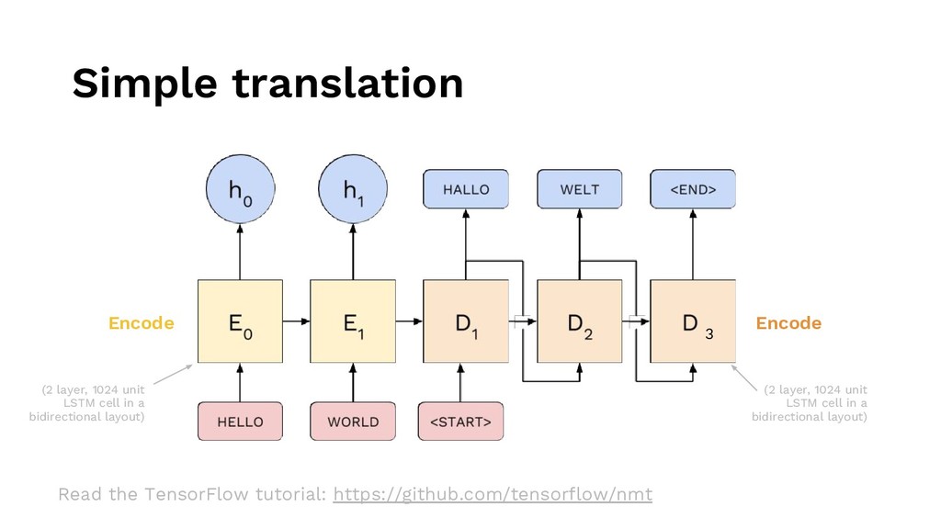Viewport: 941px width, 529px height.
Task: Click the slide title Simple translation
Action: click(267, 84)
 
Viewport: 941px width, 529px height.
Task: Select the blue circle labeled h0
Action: click(239, 192)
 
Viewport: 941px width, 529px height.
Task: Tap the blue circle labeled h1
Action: click(353, 192)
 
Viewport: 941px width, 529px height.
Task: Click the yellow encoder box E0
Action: click(239, 322)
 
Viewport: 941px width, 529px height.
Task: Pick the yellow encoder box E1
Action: click(353, 322)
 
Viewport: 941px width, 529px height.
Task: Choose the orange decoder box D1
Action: click(466, 322)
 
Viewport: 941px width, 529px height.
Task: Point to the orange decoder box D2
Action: click(580, 322)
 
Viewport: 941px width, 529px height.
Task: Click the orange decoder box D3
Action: click(693, 322)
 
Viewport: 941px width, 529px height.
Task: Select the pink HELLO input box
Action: click(239, 422)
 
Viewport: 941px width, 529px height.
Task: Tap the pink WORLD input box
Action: click(353, 422)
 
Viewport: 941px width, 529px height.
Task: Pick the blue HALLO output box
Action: click(466, 189)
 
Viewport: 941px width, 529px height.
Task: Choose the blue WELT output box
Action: click(580, 189)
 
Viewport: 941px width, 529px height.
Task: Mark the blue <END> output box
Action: click(693, 189)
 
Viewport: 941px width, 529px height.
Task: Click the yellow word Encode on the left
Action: click(141, 323)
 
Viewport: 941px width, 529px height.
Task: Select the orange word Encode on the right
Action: click(788, 323)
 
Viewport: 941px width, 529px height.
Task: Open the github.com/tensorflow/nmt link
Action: click(493, 495)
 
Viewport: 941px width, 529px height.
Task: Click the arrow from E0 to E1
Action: click(296, 321)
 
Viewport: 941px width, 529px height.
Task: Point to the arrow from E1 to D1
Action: click(409, 321)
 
